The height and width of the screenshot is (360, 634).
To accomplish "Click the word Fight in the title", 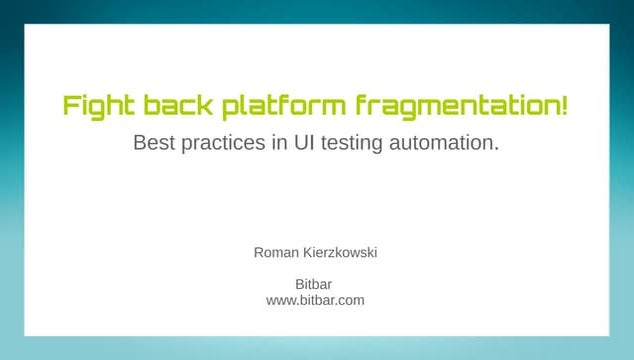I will click(x=95, y=105).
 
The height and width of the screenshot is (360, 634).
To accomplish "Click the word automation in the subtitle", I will click(x=443, y=143).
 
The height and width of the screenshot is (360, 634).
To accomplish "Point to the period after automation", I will click(x=496, y=149).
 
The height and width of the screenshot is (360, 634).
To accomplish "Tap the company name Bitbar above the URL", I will click(x=315, y=284).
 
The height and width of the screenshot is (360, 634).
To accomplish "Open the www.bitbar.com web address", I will click(x=315, y=300).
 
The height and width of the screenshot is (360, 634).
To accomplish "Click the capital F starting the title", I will click(x=70, y=105).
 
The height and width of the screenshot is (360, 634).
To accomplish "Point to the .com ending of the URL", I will click(x=349, y=300).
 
